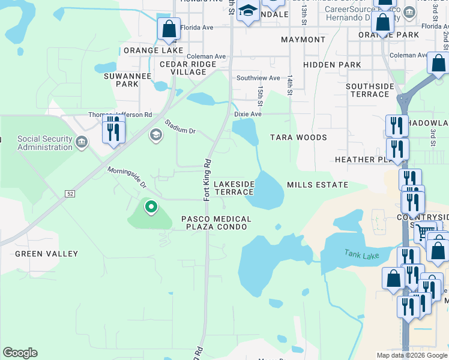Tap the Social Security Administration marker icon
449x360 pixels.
click(81, 143)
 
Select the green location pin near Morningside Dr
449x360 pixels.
click(151, 208)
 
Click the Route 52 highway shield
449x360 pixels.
click(71, 193)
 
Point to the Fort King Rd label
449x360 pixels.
click(206, 179)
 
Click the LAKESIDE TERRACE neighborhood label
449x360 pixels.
click(234, 187)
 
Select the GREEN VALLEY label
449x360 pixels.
click(46, 254)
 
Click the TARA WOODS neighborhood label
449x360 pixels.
click(298, 137)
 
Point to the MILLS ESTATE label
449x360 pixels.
click(318, 185)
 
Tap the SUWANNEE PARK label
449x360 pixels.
click(121, 80)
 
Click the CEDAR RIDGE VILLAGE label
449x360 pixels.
click(188, 68)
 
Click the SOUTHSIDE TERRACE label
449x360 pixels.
click(370, 90)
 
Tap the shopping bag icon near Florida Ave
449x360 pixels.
click(169, 29)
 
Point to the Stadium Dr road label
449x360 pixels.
click(180, 127)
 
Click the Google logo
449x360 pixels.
click(20, 353)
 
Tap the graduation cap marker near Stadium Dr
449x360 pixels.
click(156, 135)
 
